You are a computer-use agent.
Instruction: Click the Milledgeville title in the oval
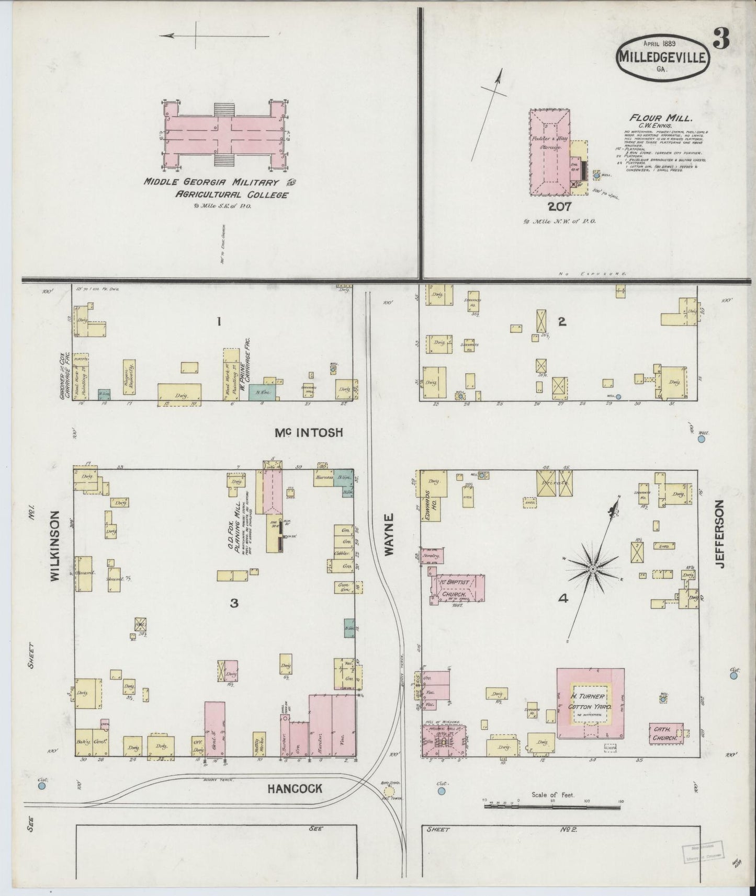(x=663, y=57)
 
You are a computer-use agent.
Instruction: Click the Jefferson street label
(x=720, y=534)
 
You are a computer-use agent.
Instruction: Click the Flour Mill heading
(x=653, y=118)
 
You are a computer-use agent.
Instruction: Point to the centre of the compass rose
(x=593, y=568)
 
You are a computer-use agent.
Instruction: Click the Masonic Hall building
(x=444, y=740)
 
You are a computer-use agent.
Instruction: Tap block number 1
(x=219, y=323)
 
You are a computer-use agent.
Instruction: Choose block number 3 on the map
(x=234, y=603)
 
